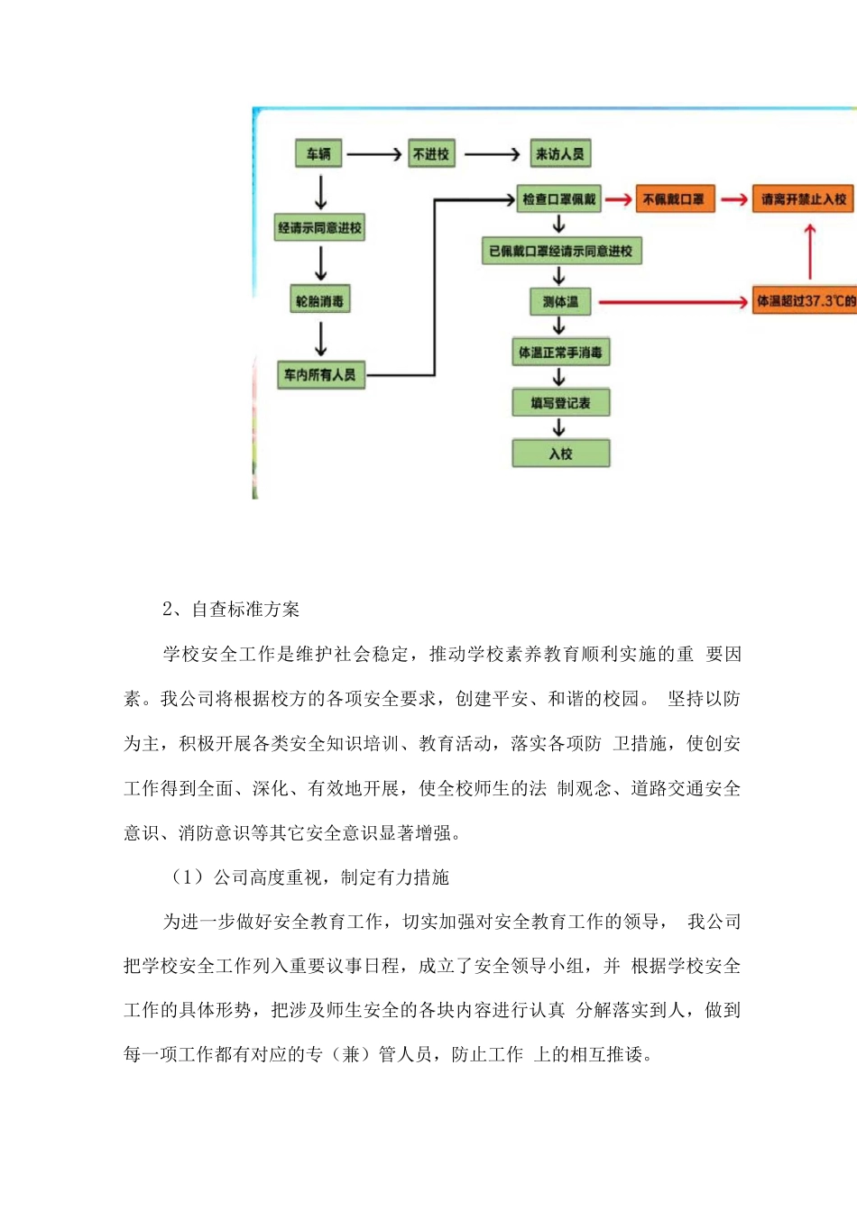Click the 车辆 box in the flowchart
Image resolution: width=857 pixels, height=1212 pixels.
[x=318, y=154]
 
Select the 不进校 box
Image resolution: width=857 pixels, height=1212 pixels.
[x=431, y=154]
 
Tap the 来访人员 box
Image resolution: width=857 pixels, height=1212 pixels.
[x=559, y=154]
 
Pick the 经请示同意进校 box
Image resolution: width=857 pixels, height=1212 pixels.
[x=320, y=228]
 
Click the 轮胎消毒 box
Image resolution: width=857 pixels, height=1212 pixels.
[x=320, y=301]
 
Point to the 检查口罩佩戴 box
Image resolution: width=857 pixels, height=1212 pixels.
[x=559, y=199]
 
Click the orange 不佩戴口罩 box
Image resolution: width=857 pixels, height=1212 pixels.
[x=673, y=199]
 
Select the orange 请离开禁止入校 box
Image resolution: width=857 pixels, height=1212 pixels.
[x=803, y=199]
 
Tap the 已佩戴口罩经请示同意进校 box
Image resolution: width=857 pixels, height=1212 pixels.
[x=561, y=251]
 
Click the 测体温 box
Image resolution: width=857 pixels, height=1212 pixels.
[x=560, y=302]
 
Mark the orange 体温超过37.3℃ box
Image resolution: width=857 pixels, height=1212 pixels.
[x=806, y=301]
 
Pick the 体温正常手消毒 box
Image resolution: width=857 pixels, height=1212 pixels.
[x=560, y=353]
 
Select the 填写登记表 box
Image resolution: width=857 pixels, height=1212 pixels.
[x=560, y=403]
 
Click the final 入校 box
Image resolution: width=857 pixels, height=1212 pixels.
[x=560, y=454]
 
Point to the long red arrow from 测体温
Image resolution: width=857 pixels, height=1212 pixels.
[x=673, y=302]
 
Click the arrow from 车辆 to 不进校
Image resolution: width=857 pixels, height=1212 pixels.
[x=373, y=154]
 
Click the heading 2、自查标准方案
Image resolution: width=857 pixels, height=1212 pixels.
[x=231, y=610]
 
